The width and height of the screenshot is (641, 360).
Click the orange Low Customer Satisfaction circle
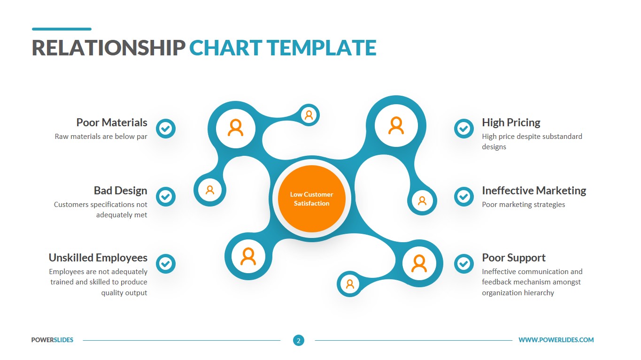click(311, 199)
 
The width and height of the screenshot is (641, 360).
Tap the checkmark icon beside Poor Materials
click(165, 128)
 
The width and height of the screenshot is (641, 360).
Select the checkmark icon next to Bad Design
click(165, 197)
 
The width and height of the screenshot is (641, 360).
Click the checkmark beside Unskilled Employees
click(165, 264)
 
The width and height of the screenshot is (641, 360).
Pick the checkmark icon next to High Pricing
click(463, 128)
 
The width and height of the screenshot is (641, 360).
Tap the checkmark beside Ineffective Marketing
click(463, 197)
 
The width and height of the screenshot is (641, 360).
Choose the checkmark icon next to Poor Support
click(463, 264)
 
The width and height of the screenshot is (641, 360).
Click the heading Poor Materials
click(112, 123)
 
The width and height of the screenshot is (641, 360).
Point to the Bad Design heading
click(120, 191)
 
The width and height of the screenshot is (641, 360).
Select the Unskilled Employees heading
click(98, 258)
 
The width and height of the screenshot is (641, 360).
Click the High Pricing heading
click(511, 123)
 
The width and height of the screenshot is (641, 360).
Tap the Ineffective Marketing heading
click(534, 191)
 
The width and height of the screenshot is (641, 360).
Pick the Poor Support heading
click(513, 258)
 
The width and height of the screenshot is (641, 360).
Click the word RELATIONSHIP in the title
click(108, 48)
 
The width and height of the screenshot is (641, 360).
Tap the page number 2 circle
click(299, 340)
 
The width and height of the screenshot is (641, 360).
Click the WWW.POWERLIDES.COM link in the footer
click(556, 340)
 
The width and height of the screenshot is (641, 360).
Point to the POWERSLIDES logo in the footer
click(52, 340)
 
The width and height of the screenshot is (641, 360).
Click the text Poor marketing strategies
click(523, 205)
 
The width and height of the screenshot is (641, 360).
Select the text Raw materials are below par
click(101, 137)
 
